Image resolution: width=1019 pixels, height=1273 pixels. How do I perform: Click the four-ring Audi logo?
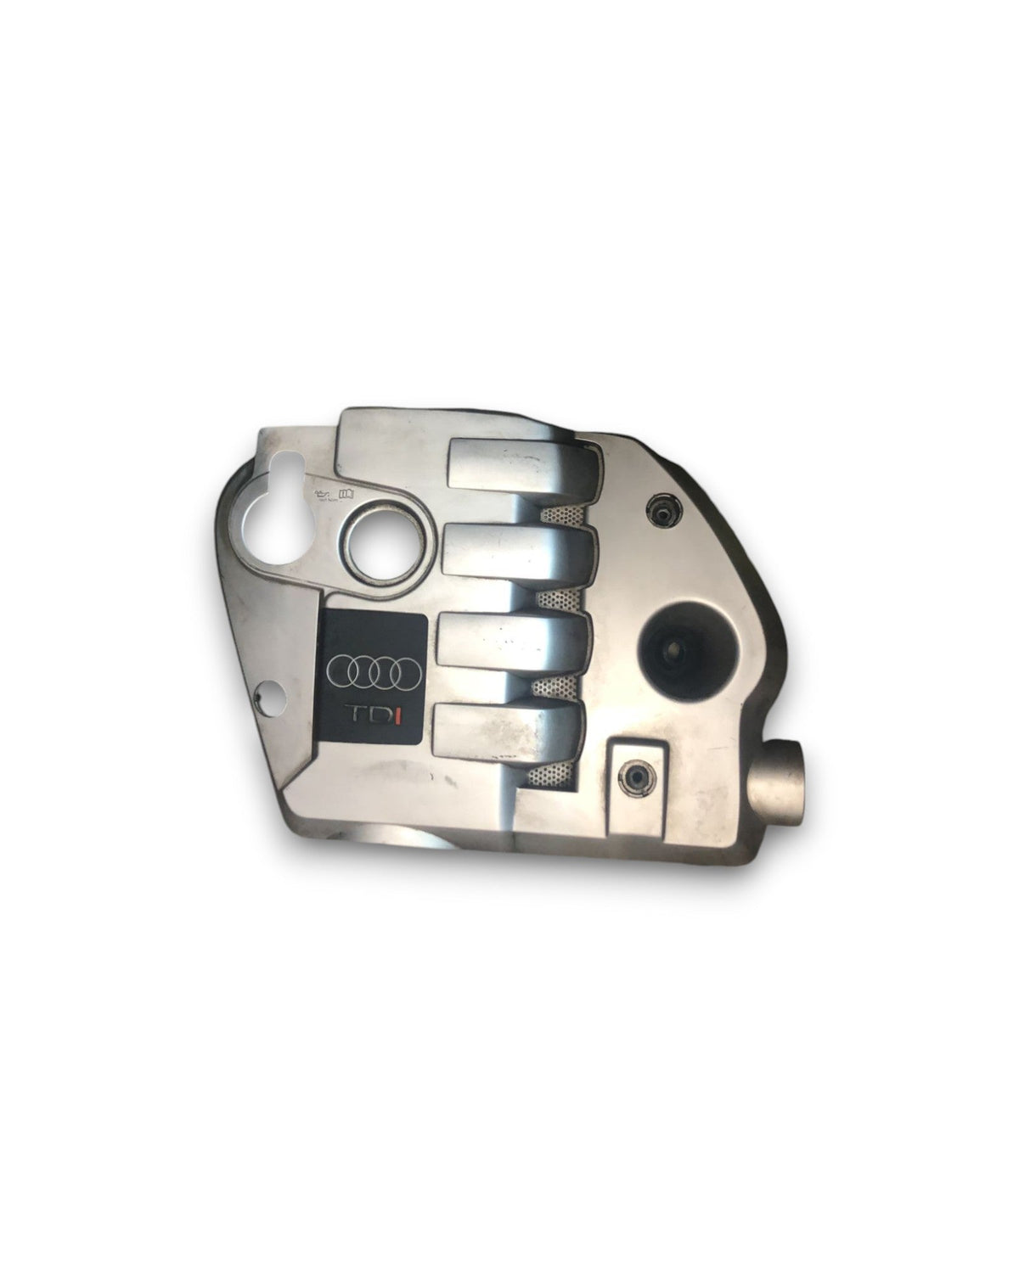click(374, 671)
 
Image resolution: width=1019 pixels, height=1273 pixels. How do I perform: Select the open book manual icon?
click(345, 492)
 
